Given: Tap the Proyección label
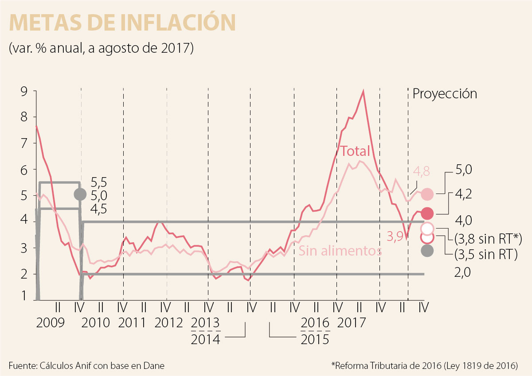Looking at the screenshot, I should (x=445, y=94).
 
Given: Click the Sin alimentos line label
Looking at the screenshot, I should (x=340, y=251).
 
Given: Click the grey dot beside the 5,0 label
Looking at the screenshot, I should (x=80, y=194).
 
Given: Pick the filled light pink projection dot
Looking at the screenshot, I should (x=427, y=194).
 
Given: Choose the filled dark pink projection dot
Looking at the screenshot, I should (x=427, y=213).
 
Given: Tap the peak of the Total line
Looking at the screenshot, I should (x=364, y=92).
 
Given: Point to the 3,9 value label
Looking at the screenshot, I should (x=395, y=237).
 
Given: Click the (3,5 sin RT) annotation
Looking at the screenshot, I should (x=486, y=255).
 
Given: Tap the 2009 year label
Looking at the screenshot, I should (x=51, y=322).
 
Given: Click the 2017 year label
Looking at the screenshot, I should (x=351, y=322).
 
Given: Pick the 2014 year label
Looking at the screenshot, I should (x=205, y=339).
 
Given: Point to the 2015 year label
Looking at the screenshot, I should (x=315, y=339).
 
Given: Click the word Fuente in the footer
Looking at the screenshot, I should (x=23, y=366).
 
